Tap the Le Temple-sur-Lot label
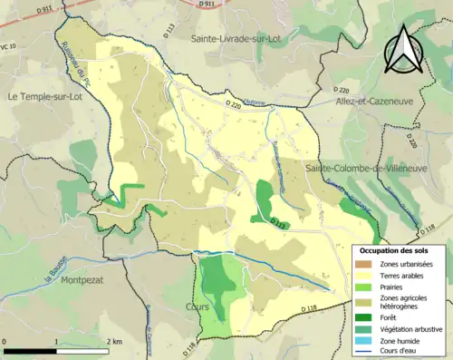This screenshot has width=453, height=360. [x=46, y=95]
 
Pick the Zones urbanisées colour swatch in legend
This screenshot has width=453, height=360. [x=367, y=263]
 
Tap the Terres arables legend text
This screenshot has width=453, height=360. [x=403, y=275]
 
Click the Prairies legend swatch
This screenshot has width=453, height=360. [x=367, y=287]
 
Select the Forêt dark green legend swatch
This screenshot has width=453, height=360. [x=367, y=317]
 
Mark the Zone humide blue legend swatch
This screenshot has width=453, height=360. [x=367, y=340]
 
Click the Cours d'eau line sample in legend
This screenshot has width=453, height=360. [x=367, y=351]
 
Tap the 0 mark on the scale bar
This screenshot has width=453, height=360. [x=5, y=342]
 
